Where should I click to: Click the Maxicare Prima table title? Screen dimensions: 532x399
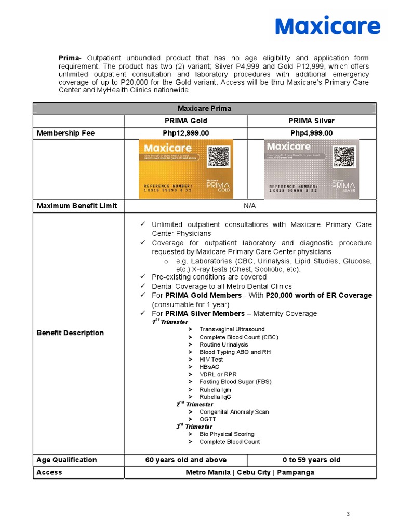[x=204, y=109]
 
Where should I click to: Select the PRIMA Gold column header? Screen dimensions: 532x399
[x=185, y=121]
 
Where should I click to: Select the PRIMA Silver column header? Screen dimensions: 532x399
[x=311, y=121]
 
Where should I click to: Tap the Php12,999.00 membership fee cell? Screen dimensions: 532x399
[x=185, y=134]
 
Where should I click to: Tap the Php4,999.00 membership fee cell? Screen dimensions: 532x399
[x=311, y=134]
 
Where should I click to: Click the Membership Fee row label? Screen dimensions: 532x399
[x=65, y=134]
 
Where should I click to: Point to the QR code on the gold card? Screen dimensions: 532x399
[x=219, y=157]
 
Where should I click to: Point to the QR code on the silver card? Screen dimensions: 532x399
[x=344, y=157]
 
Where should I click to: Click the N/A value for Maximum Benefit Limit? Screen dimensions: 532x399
[x=250, y=206]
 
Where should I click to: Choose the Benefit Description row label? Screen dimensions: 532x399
[x=70, y=333]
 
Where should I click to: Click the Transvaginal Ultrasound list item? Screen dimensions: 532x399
[x=232, y=329]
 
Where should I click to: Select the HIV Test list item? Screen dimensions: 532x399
[x=211, y=360]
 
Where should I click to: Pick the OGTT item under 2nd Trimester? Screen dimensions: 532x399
[x=207, y=419]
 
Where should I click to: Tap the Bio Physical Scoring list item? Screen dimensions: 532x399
[x=227, y=434]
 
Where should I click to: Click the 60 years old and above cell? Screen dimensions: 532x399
[x=185, y=460]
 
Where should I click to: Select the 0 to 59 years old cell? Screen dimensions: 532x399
[x=311, y=460]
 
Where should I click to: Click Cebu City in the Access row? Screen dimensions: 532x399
[x=250, y=472]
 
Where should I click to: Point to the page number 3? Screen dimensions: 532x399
[x=348, y=514]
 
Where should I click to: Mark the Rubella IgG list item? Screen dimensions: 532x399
[x=215, y=397]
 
